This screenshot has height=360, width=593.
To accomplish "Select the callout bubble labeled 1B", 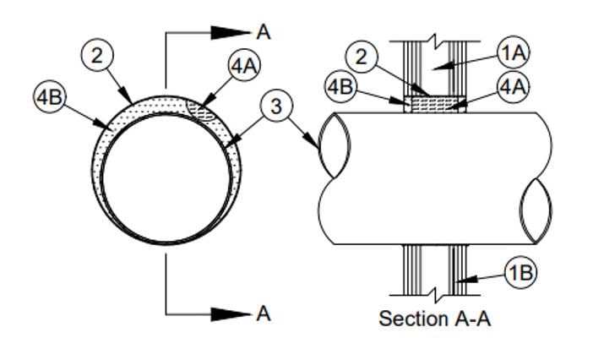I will (x=521, y=273).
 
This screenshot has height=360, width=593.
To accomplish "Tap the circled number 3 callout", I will (x=273, y=107).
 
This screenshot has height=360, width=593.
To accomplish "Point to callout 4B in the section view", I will (x=341, y=87).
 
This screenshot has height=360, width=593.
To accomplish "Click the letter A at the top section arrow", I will (x=264, y=32).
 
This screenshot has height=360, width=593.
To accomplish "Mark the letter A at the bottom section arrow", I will (x=264, y=314).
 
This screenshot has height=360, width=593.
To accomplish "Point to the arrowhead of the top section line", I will (x=231, y=32).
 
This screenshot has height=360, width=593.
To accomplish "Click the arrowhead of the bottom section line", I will (x=231, y=314).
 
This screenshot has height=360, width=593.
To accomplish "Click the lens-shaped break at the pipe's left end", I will (x=333, y=145).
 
